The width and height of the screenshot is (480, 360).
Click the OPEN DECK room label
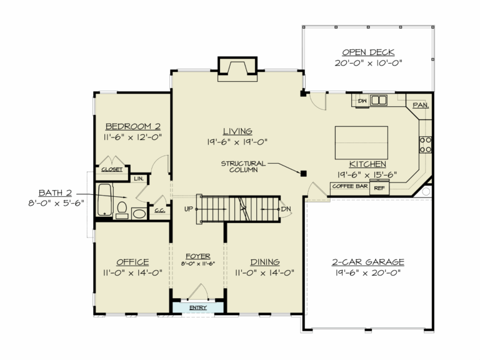click(368, 52)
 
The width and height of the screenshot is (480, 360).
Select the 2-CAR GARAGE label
click(367, 262)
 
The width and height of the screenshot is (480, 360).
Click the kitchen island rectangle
click(361, 142)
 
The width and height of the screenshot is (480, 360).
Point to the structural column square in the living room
click(303, 173)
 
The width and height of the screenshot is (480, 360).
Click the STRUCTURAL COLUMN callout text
click(243, 167)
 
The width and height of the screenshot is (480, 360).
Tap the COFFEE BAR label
click(349, 186)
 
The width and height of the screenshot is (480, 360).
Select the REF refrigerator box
click(379, 187)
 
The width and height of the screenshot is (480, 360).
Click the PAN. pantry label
click(420, 105)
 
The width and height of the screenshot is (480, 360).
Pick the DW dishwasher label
click(361, 100)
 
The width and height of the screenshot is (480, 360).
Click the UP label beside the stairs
click(188, 209)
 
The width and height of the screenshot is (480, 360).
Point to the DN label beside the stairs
click(286, 209)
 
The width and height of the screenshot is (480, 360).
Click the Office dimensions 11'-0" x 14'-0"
click(132, 272)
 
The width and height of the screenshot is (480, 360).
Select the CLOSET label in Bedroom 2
click(112, 169)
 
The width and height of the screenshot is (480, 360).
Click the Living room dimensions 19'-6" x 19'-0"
click(237, 141)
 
